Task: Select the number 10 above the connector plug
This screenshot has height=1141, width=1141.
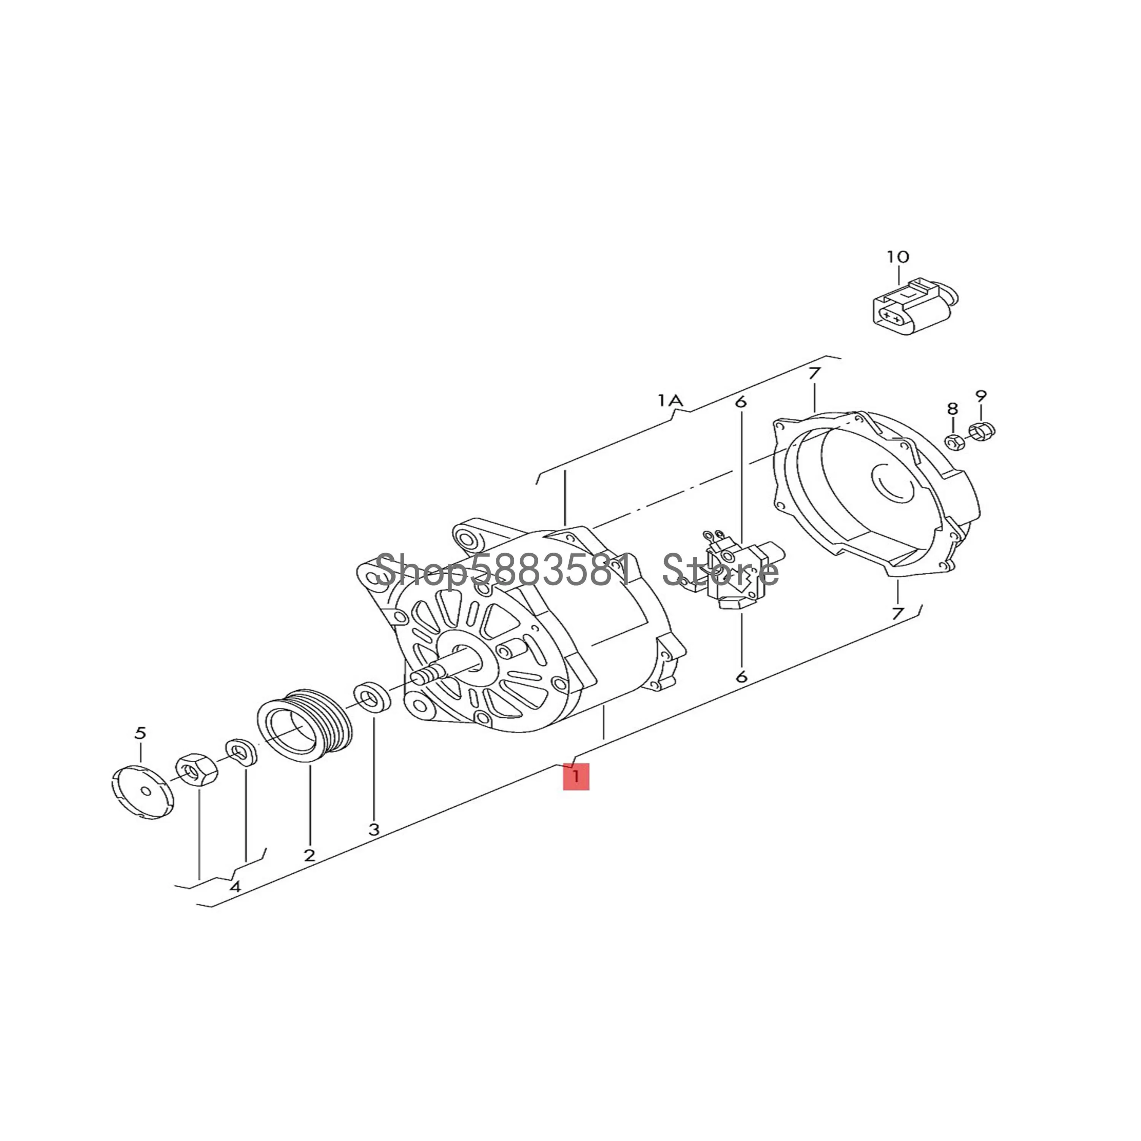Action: (898, 257)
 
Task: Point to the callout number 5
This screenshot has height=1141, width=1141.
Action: (140, 733)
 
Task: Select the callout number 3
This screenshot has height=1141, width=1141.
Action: (374, 829)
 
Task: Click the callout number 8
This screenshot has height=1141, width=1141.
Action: (952, 408)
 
